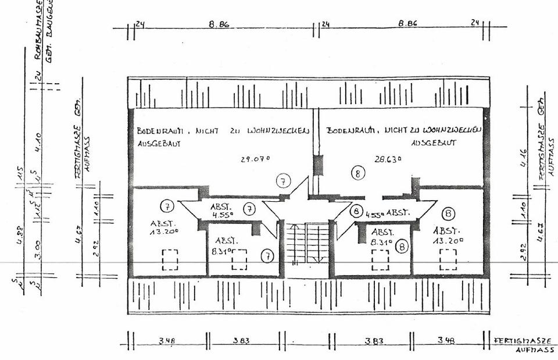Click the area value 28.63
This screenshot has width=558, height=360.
[389, 158]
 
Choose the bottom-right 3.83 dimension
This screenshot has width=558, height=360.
[373, 341]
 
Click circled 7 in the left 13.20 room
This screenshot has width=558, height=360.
[166, 206]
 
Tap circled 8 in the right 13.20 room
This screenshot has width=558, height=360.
[448, 213]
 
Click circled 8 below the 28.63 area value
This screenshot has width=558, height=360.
[359, 172]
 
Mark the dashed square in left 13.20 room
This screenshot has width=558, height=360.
[170, 259]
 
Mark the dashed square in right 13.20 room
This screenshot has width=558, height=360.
[448, 259]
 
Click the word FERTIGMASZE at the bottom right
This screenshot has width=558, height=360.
[518, 340]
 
